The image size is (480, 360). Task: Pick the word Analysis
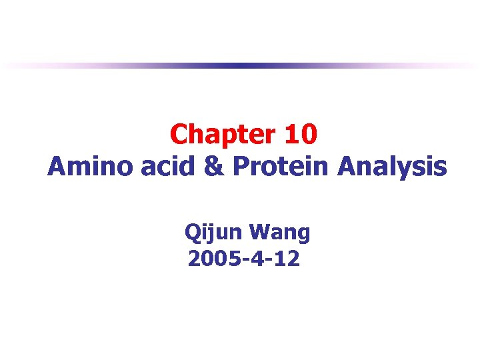(x=392, y=167)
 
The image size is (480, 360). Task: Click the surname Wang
(x=280, y=233)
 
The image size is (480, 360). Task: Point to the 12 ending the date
(x=289, y=258)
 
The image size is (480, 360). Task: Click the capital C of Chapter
(x=179, y=135)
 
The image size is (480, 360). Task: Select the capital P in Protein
(x=240, y=167)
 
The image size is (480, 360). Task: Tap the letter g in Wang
(x=303, y=235)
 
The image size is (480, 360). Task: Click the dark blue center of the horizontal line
(x=240, y=65)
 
